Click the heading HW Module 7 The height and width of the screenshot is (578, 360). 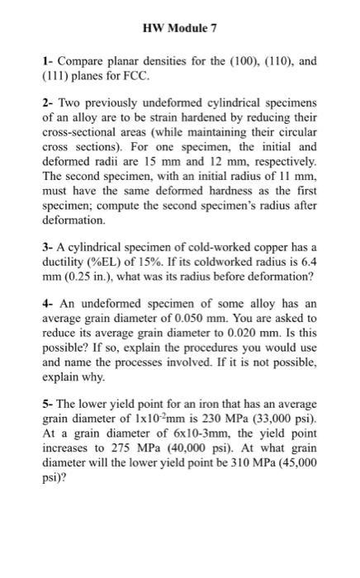(179, 28)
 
